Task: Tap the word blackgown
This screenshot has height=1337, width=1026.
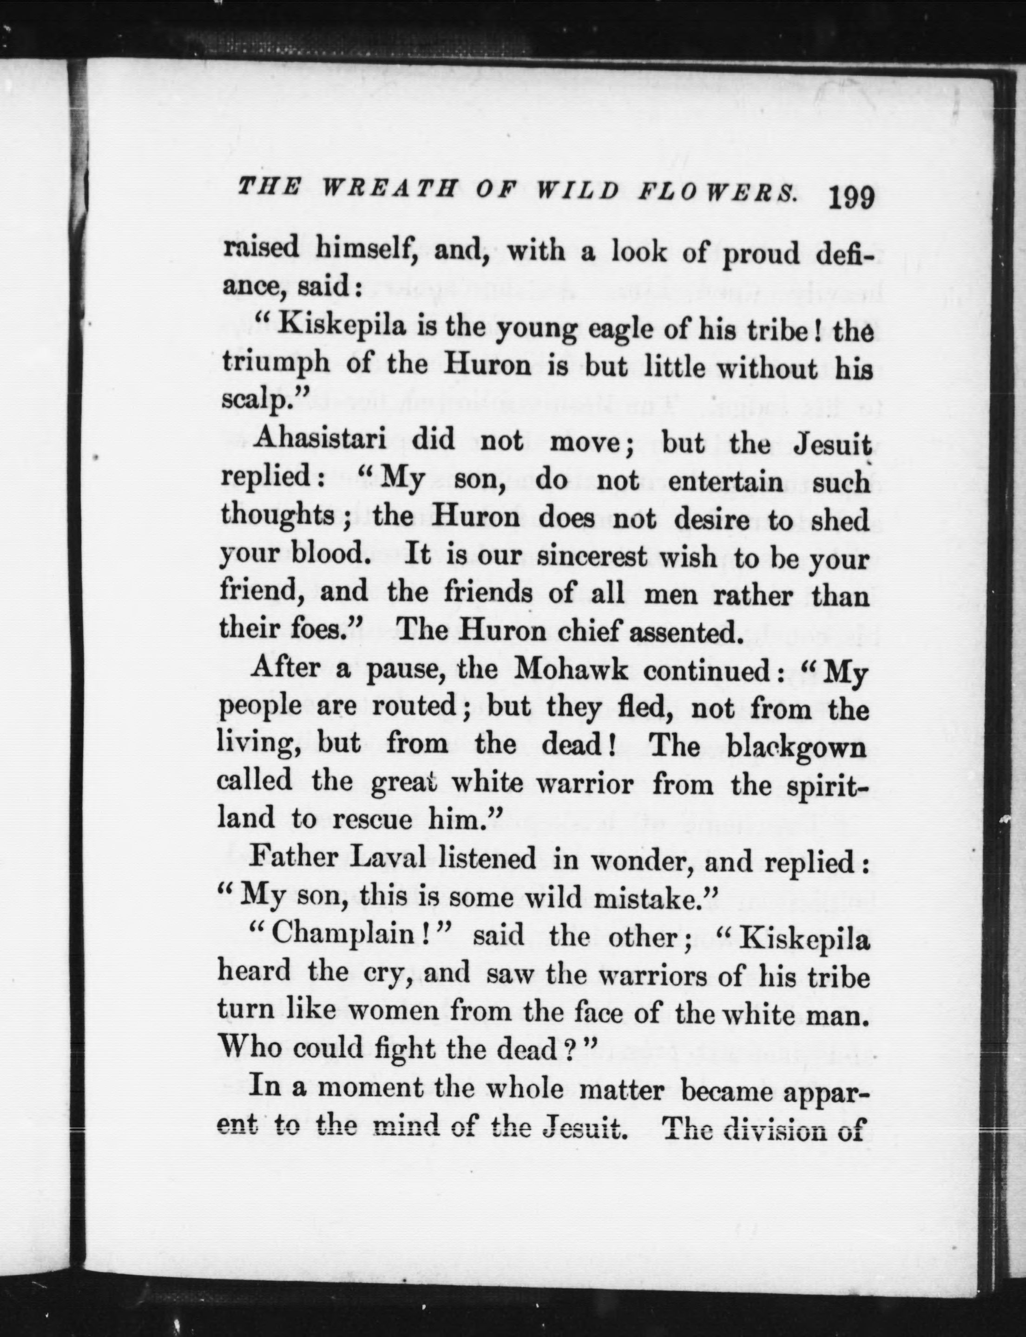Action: tap(796, 748)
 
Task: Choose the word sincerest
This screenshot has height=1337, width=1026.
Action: tap(591, 557)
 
